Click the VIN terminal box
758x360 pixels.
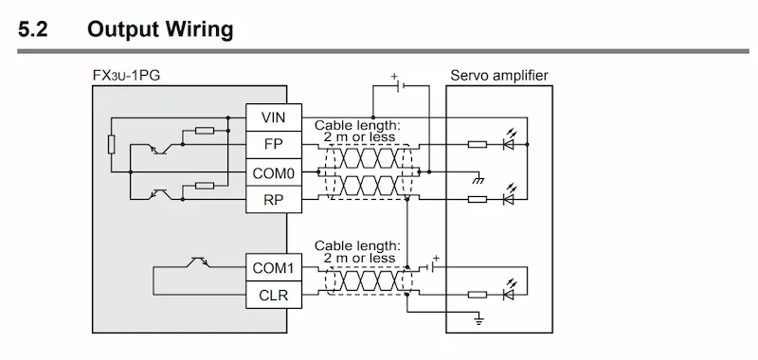274,117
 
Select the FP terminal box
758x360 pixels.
274,145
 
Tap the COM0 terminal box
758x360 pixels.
274,172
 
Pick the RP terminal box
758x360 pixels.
274,199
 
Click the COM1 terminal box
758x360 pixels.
274,267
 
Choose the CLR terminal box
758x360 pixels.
274,295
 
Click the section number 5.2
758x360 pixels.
33,29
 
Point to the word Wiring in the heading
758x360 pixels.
200,30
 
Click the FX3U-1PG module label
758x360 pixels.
126,76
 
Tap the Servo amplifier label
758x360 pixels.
499,76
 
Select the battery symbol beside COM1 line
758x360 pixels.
433,265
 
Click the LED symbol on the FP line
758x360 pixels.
509,140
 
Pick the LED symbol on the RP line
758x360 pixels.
509,195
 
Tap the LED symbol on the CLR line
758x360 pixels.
509,291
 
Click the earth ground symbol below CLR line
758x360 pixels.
478,320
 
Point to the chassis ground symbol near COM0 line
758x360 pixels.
478,179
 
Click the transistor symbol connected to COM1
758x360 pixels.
199,262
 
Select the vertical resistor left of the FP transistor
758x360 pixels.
111,145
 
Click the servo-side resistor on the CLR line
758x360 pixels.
478,295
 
